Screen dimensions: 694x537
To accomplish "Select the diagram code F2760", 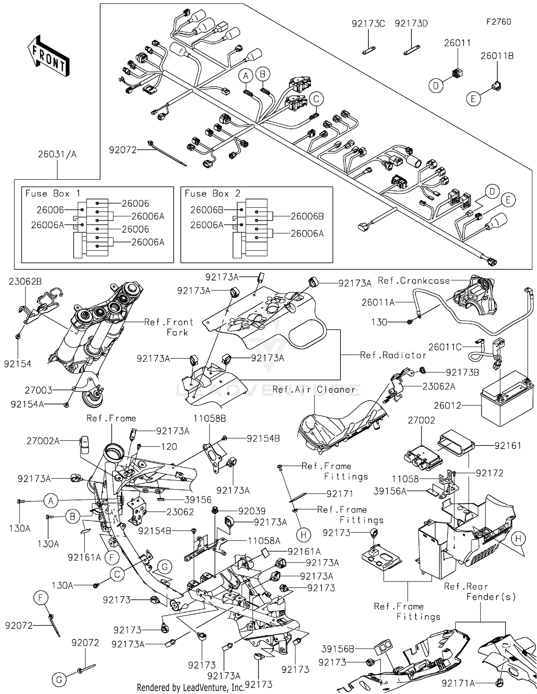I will pyautogui.click(x=498, y=22).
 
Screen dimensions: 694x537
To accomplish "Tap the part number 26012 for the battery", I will pyautogui.click(x=447, y=406).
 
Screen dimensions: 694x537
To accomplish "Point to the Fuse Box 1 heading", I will pyautogui.click(x=53, y=194).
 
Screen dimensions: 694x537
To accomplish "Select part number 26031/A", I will pyautogui.click(x=57, y=155).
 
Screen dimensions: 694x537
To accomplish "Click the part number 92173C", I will pyautogui.click(x=368, y=24).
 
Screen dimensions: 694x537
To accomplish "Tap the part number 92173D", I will pyautogui.click(x=411, y=24).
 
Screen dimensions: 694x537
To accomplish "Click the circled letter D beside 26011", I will pyautogui.click(x=436, y=86).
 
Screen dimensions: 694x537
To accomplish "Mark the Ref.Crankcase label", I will pyautogui.click(x=414, y=281).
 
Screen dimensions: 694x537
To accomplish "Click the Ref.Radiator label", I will pyautogui.click(x=393, y=355).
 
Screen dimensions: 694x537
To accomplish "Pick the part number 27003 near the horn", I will pyautogui.click(x=38, y=390).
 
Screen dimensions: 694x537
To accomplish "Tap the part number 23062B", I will pyautogui.click(x=25, y=281).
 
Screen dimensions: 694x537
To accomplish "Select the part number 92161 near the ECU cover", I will pyautogui.click(x=508, y=445).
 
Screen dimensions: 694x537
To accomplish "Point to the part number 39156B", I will pyautogui.click(x=338, y=649).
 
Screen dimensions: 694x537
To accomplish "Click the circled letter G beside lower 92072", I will pyautogui.click(x=59, y=679).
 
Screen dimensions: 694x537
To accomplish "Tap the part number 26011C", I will pyautogui.click(x=445, y=347).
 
